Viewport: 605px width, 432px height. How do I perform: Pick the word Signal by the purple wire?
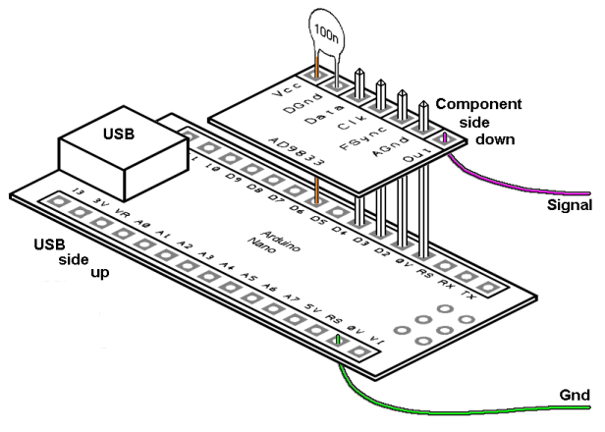coord(569,205)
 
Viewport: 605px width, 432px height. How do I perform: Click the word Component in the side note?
coord(477,105)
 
